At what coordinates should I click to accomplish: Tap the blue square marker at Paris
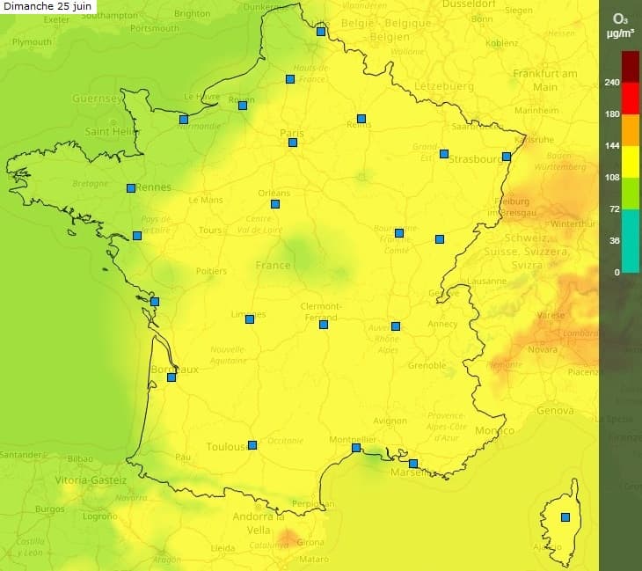click(293, 143)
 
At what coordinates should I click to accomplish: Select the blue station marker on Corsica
click(565, 517)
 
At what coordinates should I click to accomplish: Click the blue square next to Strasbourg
click(507, 157)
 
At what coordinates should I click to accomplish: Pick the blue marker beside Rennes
click(131, 187)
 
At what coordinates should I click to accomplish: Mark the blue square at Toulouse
click(252, 445)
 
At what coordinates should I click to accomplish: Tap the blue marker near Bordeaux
click(171, 377)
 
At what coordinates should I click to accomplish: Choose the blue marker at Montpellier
click(356, 448)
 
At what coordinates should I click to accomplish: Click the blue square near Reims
click(361, 119)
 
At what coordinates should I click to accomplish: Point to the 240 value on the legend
click(612, 83)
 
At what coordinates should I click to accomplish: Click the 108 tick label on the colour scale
click(612, 177)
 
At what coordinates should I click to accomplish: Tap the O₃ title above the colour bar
click(620, 18)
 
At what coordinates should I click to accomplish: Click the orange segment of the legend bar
click(631, 130)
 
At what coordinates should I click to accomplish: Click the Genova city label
click(555, 411)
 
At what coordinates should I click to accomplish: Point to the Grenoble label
click(427, 365)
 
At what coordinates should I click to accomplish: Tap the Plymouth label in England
click(32, 42)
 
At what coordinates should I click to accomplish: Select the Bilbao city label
click(79, 458)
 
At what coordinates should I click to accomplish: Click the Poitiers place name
click(211, 271)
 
